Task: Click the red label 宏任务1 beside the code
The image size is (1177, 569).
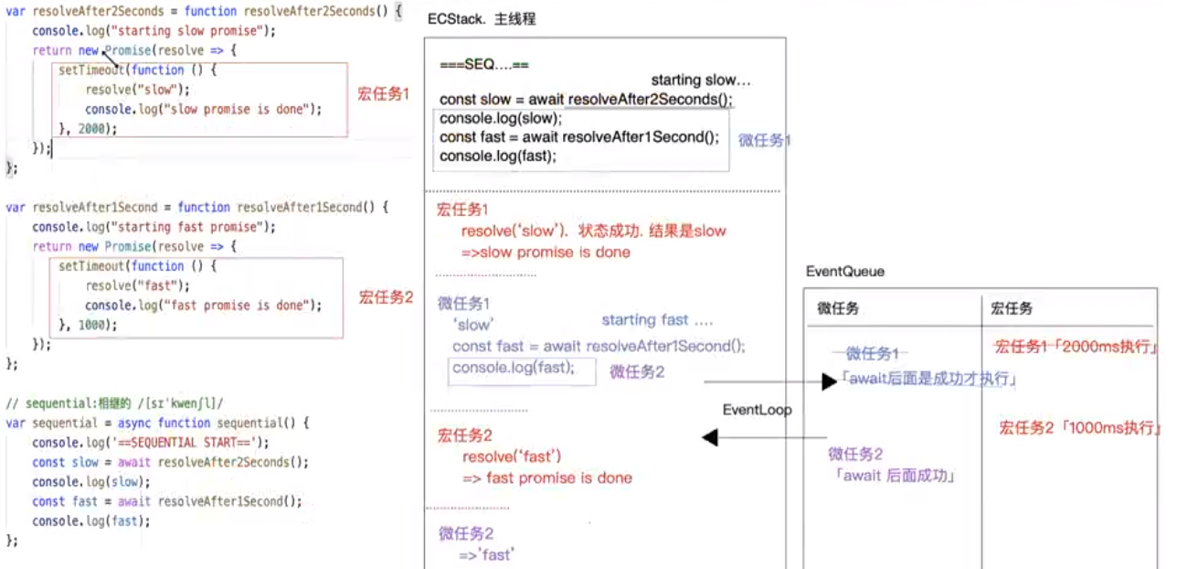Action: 384,94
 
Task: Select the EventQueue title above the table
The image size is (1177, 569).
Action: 845,273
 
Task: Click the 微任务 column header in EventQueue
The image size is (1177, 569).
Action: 839,309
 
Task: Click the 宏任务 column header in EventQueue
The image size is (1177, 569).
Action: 1012,309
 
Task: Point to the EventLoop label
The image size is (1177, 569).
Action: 758,410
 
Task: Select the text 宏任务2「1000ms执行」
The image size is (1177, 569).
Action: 1079,427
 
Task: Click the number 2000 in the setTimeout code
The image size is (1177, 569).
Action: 92,128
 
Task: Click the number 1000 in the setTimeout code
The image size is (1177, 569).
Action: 92,324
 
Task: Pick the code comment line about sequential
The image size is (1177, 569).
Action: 115,403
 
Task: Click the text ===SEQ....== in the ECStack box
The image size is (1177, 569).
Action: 484,66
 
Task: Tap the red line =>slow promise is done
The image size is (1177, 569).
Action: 546,252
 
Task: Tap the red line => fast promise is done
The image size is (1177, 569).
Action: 547,478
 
